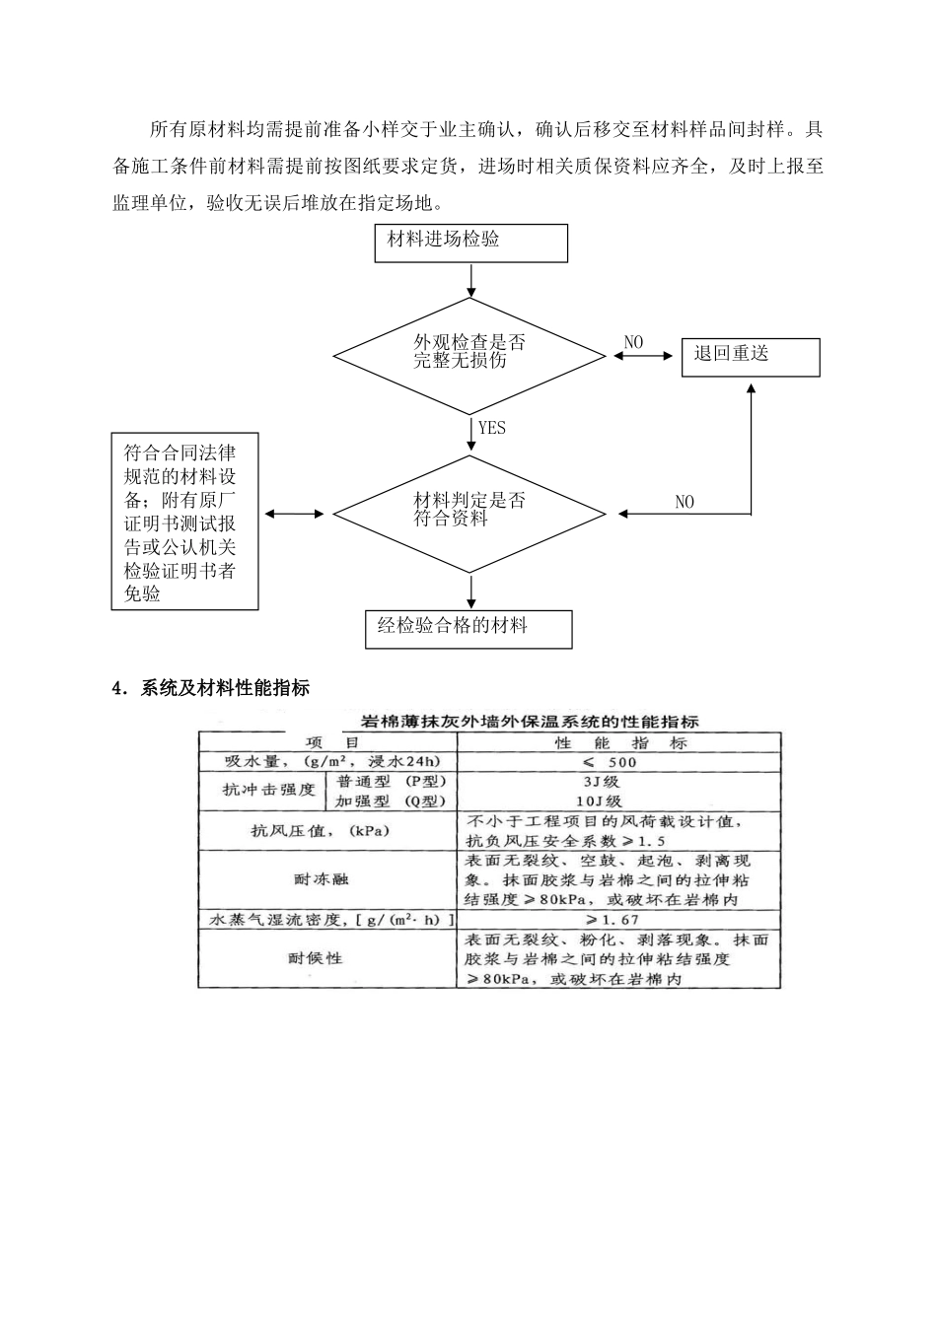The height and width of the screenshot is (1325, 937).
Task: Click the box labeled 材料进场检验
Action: pyautogui.click(x=470, y=243)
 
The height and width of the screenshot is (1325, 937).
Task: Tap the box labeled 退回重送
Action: pyautogui.click(x=750, y=356)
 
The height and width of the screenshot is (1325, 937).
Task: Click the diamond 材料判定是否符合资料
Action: pyautogui.click(x=468, y=513)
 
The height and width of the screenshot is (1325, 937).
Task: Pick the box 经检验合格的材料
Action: pyautogui.click(x=468, y=628)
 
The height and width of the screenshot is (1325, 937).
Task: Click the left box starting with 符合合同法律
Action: pyautogui.click(x=184, y=522)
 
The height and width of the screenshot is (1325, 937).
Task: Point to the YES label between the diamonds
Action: pyautogui.click(x=491, y=428)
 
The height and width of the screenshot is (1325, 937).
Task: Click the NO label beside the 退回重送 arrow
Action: pyautogui.click(x=633, y=343)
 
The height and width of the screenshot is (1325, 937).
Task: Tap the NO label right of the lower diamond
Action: pyautogui.click(x=685, y=502)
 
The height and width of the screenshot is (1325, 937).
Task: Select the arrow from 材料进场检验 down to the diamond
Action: pyautogui.click(x=471, y=280)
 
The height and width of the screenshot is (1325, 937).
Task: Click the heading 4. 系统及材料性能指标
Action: pyautogui.click(x=211, y=688)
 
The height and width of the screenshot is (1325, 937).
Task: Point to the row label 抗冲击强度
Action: pyautogui.click(x=268, y=791)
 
